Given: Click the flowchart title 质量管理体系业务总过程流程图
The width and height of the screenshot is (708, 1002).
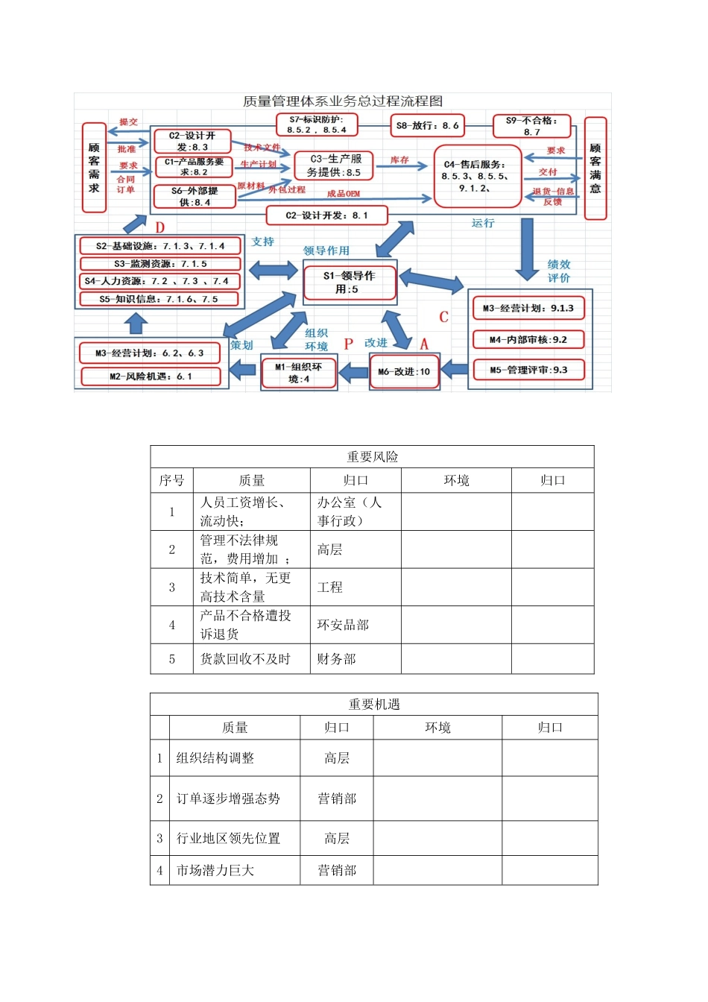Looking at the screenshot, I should click(x=343, y=101).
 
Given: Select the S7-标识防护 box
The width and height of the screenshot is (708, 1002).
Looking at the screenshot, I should click(x=317, y=125).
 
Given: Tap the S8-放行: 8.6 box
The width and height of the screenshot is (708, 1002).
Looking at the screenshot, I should click(x=428, y=125).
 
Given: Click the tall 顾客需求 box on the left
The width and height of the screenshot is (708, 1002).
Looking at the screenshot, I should click(x=94, y=168).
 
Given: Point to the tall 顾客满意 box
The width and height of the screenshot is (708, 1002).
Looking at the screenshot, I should click(x=595, y=168).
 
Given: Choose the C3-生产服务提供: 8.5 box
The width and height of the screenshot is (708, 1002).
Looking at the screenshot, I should click(x=334, y=166).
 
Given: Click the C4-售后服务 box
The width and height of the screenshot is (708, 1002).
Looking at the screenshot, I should click(x=477, y=176).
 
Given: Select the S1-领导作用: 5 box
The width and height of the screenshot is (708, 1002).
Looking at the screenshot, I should click(x=350, y=282).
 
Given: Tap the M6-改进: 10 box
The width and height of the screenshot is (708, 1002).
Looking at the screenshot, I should click(x=405, y=371).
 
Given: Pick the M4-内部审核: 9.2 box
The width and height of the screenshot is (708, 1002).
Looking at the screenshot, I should click(x=528, y=339).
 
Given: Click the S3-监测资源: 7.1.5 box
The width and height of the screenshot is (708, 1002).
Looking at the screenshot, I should click(x=160, y=263).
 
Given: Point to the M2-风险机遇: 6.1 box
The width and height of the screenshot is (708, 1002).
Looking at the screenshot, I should click(x=151, y=376).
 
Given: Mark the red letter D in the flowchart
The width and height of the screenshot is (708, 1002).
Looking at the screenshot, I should click(x=159, y=227).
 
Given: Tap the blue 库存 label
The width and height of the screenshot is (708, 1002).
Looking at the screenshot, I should click(x=399, y=160).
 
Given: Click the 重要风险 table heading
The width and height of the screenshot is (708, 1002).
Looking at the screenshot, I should click(x=372, y=456).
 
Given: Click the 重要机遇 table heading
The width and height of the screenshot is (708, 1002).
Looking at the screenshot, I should click(x=373, y=704).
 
